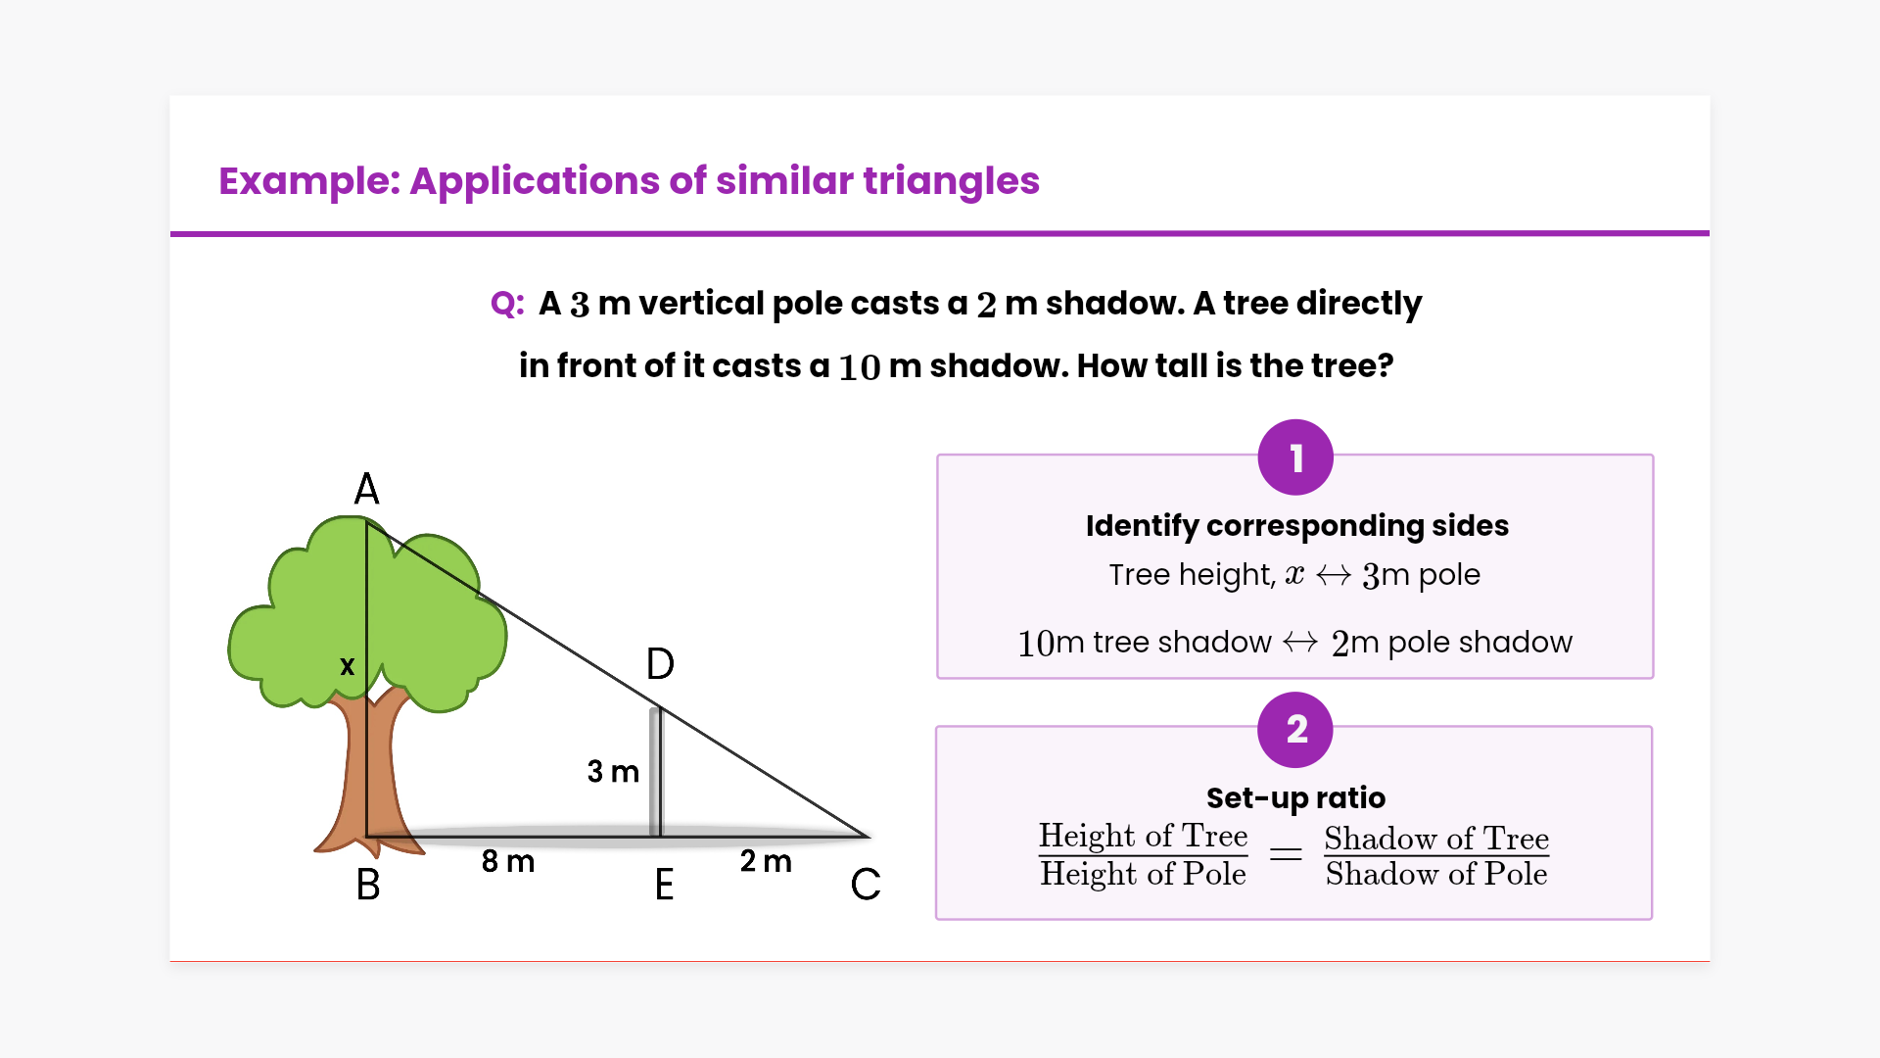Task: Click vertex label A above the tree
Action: pos(366,488)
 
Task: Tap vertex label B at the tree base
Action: pos(368,885)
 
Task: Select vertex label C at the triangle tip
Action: pos(866,885)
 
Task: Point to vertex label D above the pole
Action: pos(660,664)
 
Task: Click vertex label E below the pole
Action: pos(664,885)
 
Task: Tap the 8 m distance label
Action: pos(508,861)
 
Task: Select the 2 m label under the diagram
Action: pos(766,861)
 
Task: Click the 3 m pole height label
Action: pos(613,771)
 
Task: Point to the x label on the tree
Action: pos(347,666)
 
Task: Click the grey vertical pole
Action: pos(656,772)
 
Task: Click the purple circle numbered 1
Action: pos(1295,457)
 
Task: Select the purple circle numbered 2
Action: pos(1295,730)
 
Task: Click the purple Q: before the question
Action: pos(507,304)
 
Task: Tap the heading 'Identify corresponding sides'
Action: pos(1297,526)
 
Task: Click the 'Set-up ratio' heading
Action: pos(1295,798)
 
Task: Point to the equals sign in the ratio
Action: pos(1286,854)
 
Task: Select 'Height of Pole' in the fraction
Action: pos(1143,874)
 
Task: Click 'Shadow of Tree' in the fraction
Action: pos(1436,838)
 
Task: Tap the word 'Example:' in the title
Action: pos(309,181)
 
